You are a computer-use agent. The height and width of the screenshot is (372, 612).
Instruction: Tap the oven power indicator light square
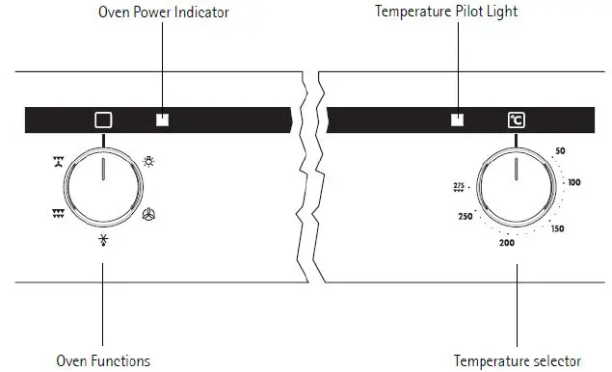[162, 120]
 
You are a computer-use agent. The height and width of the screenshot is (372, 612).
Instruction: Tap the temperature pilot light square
[458, 120]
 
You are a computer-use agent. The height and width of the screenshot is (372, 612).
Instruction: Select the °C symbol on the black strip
[517, 120]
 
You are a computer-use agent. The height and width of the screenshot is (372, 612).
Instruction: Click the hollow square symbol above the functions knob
[103, 120]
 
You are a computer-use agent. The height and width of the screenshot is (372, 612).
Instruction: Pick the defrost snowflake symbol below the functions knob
[103, 240]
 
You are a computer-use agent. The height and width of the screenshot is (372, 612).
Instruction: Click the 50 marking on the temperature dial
[560, 152]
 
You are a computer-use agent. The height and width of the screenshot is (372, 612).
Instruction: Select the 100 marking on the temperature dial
[574, 182]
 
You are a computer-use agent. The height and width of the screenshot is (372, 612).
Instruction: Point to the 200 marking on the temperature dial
[507, 243]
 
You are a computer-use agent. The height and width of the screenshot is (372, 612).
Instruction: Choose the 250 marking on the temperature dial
[465, 217]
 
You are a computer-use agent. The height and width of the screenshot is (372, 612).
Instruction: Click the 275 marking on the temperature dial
[459, 186]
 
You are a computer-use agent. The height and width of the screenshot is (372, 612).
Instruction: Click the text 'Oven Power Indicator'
[161, 13]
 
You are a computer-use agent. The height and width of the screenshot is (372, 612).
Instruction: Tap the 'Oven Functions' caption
[103, 361]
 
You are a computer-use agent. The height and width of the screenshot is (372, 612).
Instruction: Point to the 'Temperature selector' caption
[517, 361]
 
